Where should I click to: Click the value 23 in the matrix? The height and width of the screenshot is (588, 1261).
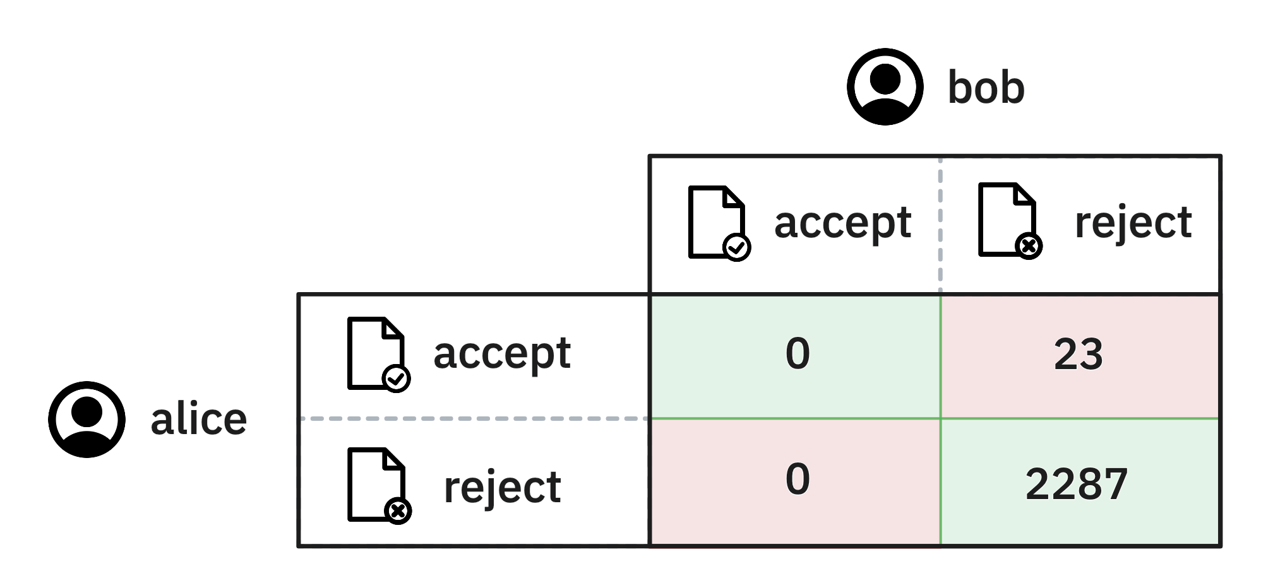click(x=1078, y=354)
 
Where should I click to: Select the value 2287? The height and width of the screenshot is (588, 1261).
click(x=1077, y=484)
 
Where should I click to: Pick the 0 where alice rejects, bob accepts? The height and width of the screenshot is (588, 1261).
click(x=798, y=478)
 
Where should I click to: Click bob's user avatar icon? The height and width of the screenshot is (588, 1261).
click(x=885, y=86)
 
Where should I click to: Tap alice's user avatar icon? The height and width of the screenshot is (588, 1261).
click(x=87, y=419)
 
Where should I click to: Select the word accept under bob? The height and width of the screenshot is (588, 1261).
click(x=842, y=224)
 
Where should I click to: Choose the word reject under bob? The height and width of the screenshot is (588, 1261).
click(x=1133, y=224)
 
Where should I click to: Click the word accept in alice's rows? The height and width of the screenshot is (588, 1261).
click(x=502, y=354)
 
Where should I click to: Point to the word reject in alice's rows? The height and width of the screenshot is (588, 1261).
click(x=502, y=487)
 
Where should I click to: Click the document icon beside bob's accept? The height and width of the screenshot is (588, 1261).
click(x=719, y=223)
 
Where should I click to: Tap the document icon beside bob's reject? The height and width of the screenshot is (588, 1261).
click(x=1010, y=220)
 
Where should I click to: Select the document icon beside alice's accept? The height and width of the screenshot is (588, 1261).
click(x=378, y=355)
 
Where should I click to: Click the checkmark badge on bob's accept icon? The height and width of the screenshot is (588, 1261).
click(x=736, y=247)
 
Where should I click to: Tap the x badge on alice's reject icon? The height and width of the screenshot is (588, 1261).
click(x=398, y=510)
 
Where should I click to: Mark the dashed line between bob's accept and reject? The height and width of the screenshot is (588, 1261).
click(x=940, y=224)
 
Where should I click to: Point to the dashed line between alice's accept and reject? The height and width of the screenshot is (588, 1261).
click(x=474, y=418)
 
